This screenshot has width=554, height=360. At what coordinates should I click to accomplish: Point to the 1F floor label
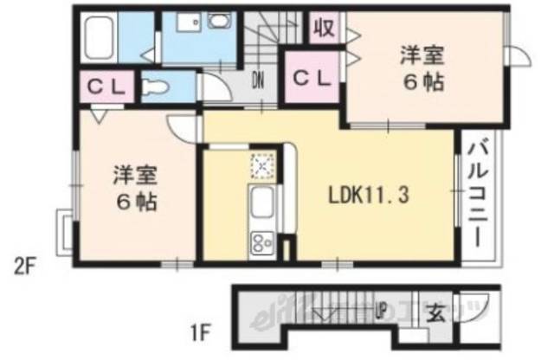click(201, 328)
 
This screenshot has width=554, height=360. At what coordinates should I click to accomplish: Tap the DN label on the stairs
click(258, 82)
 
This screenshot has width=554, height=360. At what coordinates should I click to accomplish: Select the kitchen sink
click(261, 205)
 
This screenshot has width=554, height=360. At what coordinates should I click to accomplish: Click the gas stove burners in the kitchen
click(261, 242)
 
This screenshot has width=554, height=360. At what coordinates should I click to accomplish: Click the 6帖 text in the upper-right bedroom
click(422, 84)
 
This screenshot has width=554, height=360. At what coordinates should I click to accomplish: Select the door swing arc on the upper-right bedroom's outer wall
click(518, 54)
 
